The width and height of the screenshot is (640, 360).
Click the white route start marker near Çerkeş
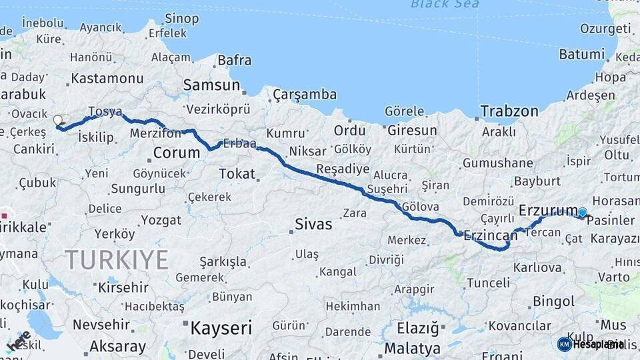[x=58, y=121]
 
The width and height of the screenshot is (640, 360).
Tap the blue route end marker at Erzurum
[x=583, y=213]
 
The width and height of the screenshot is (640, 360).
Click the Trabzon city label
[x=509, y=111]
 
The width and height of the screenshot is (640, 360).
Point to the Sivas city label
[x=313, y=224]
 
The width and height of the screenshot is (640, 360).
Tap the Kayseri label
[x=221, y=328]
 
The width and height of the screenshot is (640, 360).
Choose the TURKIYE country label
[x=117, y=259]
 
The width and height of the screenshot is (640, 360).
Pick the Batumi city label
[x=582, y=55]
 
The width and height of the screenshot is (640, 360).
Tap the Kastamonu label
[x=107, y=78]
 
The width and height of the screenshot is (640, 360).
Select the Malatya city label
[x=412, y=349]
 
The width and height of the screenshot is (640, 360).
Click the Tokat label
[x=237, y=174]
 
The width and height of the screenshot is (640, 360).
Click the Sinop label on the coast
[x=181, y=18]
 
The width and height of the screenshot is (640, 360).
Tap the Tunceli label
[x=488, y=283]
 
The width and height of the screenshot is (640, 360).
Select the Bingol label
[x=553, y=302]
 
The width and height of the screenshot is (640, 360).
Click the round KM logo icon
[x=565, y=344]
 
